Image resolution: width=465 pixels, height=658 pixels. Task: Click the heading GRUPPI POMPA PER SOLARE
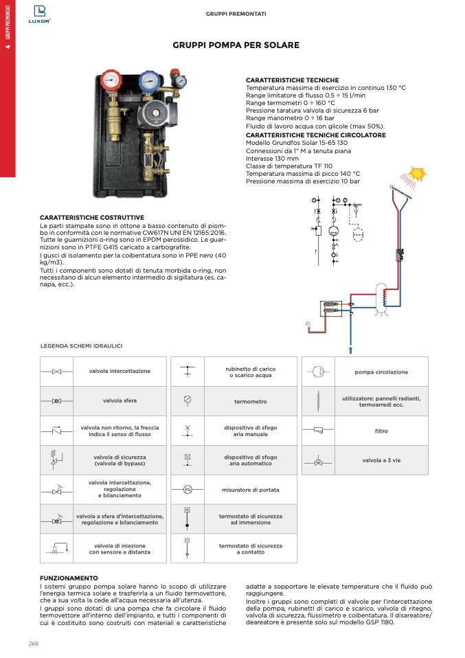(236, 45)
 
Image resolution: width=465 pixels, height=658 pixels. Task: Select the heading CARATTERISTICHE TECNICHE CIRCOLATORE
(315, 135)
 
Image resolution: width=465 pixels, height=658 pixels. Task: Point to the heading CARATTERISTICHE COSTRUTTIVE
(91, 218)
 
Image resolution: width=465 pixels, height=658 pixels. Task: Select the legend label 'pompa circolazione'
(381, 372)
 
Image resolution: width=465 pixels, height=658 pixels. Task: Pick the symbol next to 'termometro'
(188, 400)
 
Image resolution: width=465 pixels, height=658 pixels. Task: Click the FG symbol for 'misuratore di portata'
(188, 489)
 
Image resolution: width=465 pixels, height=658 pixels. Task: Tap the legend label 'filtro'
(381, 431)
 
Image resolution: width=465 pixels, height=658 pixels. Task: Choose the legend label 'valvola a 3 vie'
(381, 460)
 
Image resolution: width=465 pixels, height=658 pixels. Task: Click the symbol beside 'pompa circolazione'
(319, 372)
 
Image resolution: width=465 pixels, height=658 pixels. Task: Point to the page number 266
(34, 643)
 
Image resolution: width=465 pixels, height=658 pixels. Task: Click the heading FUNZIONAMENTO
(69, 578)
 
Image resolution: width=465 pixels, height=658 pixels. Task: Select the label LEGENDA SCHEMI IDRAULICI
(81, 345)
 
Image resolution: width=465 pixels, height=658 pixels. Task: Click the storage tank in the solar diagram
(380, 296)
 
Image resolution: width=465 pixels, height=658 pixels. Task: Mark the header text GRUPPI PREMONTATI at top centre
(236, 14)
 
